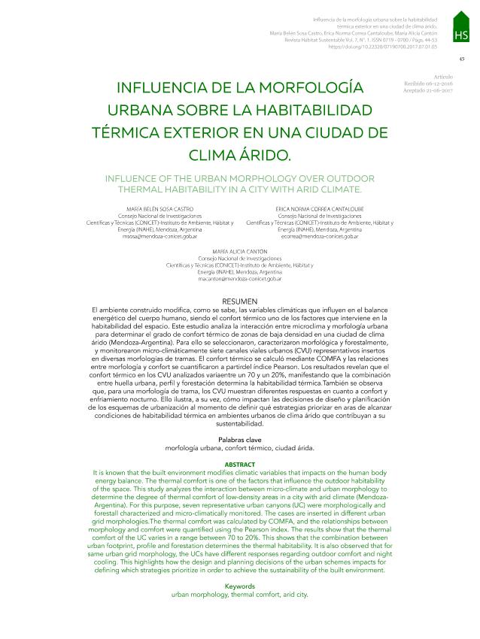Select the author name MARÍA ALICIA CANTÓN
240,250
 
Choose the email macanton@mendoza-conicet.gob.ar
240,279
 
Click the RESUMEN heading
240,301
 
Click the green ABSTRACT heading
240,465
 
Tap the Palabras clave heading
240,438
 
